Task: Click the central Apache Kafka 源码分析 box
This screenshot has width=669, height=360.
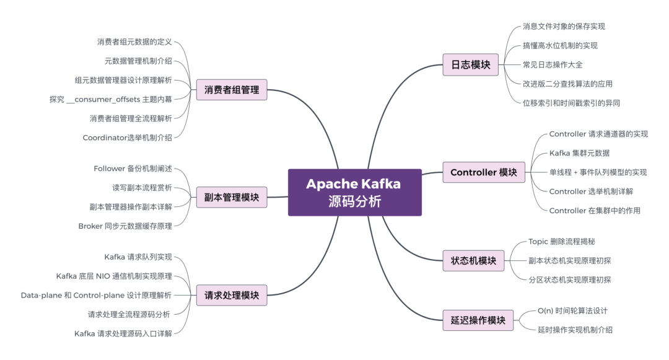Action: (x=354, y=193)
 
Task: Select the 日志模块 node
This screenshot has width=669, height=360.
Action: (x=471, y=64)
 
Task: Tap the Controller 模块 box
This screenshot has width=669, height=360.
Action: (x=484, y=172)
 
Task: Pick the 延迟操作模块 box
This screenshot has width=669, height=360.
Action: (x=478, y=320)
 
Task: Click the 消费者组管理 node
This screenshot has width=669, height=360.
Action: (x=232, y=90)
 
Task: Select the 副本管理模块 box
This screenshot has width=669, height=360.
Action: (x=232, y=198)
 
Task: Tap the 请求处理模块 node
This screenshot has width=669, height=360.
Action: (x=232, y=295)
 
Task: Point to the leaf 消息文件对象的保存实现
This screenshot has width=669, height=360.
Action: (x=564, y=27)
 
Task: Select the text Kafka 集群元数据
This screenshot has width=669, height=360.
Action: (x=584, y=153)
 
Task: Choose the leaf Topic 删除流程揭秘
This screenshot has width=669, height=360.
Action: (x=562, y=242)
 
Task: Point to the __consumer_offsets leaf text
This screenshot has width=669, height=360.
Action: (x=110, y=99)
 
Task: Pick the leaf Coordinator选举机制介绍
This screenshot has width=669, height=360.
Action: (x=127, y=138)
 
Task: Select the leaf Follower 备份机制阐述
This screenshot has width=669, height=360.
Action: (x=133, y=169)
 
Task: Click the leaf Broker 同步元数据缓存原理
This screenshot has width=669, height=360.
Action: (x=125, y=226)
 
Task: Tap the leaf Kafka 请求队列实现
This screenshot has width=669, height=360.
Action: (x=138, y=257)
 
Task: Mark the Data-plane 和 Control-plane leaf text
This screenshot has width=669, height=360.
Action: (x=96, y=295)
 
